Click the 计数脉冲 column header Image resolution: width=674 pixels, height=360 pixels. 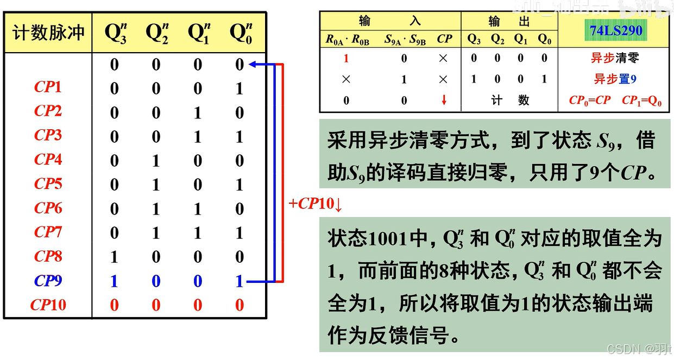[x=48, y=33]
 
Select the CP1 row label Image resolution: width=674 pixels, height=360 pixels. [x=48, y=87]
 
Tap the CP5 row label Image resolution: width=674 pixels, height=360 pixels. [x=48, y=184]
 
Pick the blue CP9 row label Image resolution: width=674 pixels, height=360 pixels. [x=48, y=281]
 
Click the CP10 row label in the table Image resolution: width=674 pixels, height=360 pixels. [x=48, y=305]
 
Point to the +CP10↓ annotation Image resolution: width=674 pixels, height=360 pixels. [x=316, y=204]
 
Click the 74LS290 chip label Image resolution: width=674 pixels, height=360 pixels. [x=616, y=30]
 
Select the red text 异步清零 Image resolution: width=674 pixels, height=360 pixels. [x=615, y=58]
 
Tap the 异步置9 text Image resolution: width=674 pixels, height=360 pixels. [x=615, y=79]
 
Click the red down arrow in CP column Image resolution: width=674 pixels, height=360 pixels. [x=444, y=100]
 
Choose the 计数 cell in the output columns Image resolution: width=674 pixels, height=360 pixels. [x=509, y=100]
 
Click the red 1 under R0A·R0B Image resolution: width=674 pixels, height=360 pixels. [x=347, y=58]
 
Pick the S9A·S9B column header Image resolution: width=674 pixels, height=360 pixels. [x=405, y=39]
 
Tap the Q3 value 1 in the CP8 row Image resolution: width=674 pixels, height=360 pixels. [x=114, y=257]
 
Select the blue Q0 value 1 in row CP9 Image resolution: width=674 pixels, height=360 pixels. [x=240, y=281]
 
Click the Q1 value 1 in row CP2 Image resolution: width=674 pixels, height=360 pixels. [x=198, y=113]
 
